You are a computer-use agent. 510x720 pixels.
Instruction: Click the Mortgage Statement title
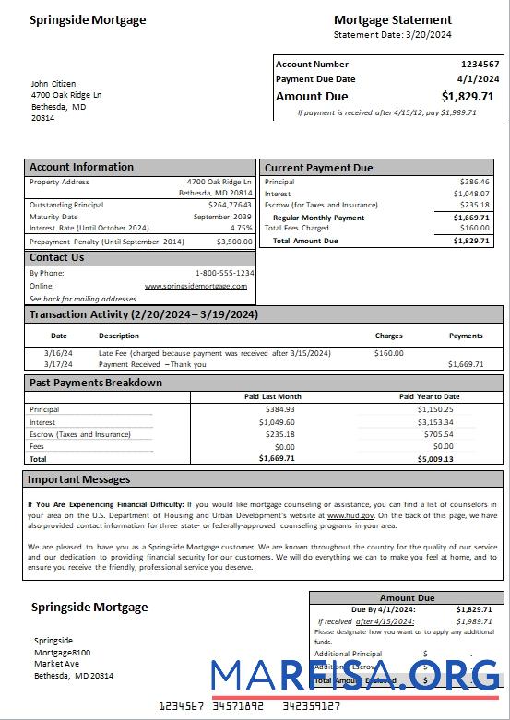[392, 19]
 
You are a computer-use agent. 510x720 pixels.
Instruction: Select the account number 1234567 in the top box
[480, 65]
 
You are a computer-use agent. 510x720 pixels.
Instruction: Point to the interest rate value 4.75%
[241, 227]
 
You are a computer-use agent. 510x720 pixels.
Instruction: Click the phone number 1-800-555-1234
[224, 274]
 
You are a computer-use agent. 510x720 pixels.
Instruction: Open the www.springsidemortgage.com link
[196, 286]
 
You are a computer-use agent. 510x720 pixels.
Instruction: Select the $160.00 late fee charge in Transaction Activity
[388, 353]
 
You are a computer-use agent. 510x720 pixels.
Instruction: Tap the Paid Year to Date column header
[429, 396]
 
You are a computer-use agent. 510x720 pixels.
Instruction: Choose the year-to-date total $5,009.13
[434, 458]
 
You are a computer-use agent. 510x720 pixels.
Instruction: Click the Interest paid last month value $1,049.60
[279, 422]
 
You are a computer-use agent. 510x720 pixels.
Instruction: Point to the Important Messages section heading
[78, 479]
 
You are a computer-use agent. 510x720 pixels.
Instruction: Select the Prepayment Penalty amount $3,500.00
[234, 242]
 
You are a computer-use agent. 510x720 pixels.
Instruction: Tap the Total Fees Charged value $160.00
[474, 228]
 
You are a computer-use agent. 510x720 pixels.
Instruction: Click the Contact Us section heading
[56, 257]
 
